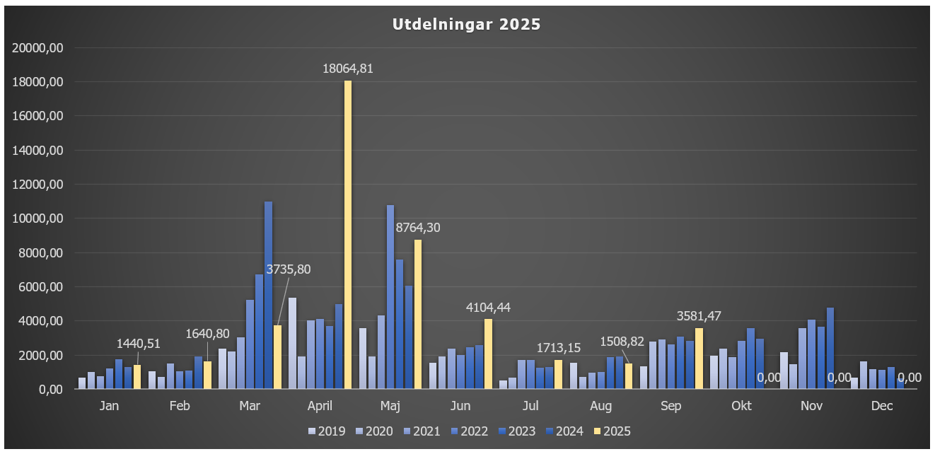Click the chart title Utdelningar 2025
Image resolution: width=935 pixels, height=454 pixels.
[466, 25]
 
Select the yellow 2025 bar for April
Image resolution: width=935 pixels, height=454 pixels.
[347, 233]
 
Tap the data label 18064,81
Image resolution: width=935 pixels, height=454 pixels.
[347, 69]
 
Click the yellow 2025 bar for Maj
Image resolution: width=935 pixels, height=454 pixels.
[418, 314]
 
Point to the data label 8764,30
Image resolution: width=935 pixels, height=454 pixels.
[417, 228]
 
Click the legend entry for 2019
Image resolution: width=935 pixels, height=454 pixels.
[327, 431]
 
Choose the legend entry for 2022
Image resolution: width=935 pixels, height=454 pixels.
[469, 431]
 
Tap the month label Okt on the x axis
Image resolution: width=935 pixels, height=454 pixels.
[741, 406]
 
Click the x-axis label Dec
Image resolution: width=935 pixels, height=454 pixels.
[882, 406]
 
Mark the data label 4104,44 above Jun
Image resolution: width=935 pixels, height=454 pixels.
[488, 308]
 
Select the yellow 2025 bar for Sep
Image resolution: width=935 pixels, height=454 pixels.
[699, 358]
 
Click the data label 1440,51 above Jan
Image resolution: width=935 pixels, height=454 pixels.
[139, 344]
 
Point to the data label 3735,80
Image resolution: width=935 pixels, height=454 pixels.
[288, 269]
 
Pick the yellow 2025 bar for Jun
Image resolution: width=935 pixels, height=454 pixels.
[488, 354]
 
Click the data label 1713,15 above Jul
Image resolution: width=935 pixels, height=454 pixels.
[558, 348]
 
